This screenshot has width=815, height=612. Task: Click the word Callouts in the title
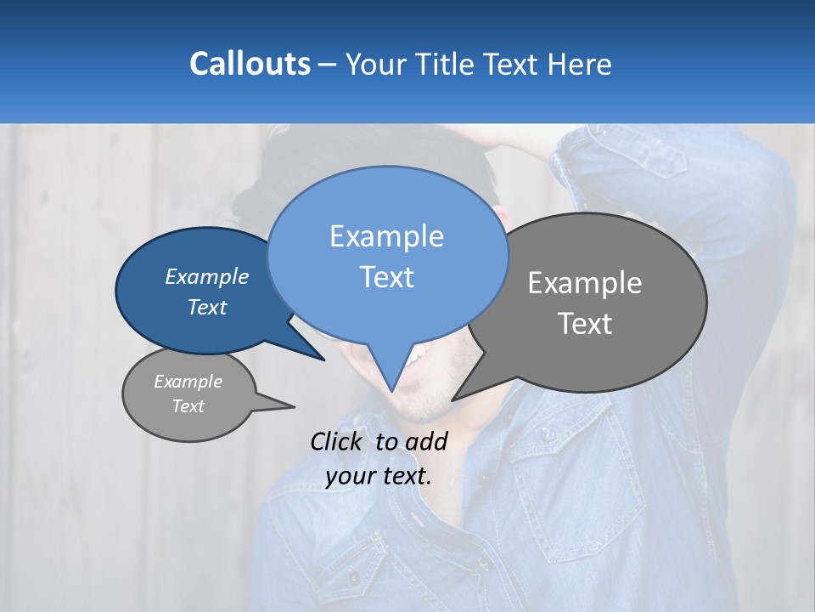(250, 64)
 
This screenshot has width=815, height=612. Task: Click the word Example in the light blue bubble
(386, 236)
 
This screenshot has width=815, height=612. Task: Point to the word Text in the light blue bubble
(386, 277)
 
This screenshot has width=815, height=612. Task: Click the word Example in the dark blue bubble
(207, 276)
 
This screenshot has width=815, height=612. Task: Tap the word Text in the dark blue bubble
(207, 307)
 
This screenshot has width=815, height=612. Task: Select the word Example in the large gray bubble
(585, 283)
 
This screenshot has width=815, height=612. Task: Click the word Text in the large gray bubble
(585, 324)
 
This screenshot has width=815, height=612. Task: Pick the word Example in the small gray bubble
(188, 382)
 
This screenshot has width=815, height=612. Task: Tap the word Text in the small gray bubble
(188, 406)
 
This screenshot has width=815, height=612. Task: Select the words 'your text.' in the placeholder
(379, 476)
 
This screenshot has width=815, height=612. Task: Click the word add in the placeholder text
(425, 441)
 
